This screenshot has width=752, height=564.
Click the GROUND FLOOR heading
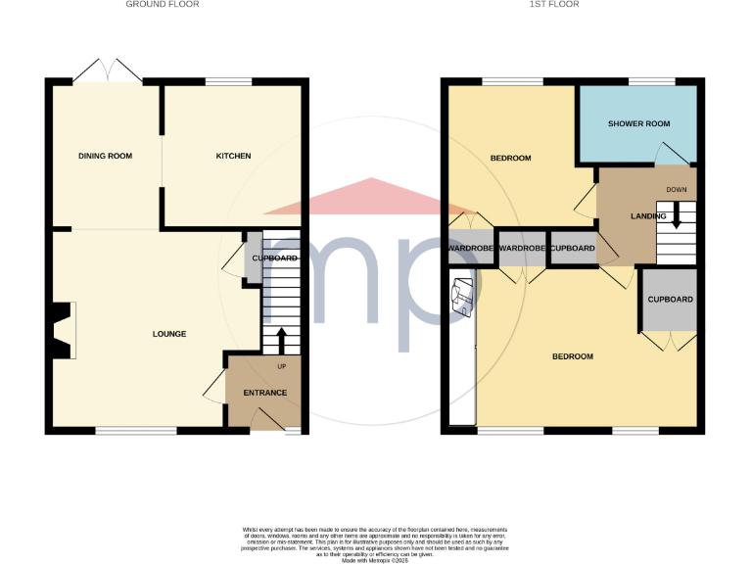[x=163, y=5]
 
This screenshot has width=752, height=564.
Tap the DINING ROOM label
[x=106, y=156]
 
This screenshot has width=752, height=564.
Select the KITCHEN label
[x=233, y=156]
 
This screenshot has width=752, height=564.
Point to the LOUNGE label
[x=169, y=334]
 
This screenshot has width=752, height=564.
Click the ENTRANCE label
[x=265, y=393]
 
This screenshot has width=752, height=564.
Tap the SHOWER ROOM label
[x=638, y=124]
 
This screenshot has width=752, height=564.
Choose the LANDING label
[x=648, y=216]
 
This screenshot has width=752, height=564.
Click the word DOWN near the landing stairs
[x=677, y=189]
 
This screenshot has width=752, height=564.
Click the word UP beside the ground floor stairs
[x=283, y=367]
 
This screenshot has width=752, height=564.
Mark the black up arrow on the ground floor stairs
[x=283, y=340]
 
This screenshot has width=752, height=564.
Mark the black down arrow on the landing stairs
[x=675, y=217]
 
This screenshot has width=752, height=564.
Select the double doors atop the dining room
[x=108, y=70]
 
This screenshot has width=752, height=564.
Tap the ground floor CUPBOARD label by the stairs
[x=275, y=258]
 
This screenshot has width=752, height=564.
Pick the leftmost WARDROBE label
[x=471, y=249]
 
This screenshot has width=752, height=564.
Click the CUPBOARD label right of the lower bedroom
[x=670, y=300]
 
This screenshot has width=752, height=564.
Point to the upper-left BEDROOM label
[x=510, y=159]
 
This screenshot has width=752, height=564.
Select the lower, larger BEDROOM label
[x=573, y=356]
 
